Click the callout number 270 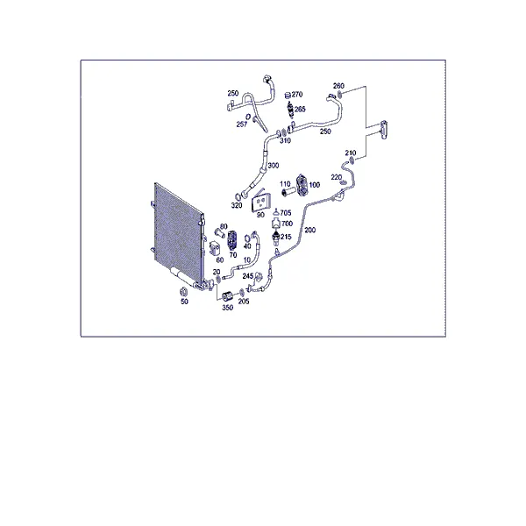tap(297, 95)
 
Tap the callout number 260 tap(338, 86)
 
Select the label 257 tap(242, 124)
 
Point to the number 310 tap(285, 140)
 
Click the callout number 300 tap(274, 166)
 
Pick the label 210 tap(351, 153)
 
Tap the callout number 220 tap(336, 177)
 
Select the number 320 tap(237, 205)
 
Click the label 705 tap(286, 213)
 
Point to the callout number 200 tap(310, 230)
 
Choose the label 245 tap(247, 276)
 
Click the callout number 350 tap(227, 308)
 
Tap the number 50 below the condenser tap(184, 302)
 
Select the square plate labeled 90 tap(260, 203)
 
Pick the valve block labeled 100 tap(302, 185)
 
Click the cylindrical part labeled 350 tap(228, 296)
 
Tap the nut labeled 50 tap(184, 292)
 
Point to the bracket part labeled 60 tap(215, 249)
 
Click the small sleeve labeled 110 tap(288, 191)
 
